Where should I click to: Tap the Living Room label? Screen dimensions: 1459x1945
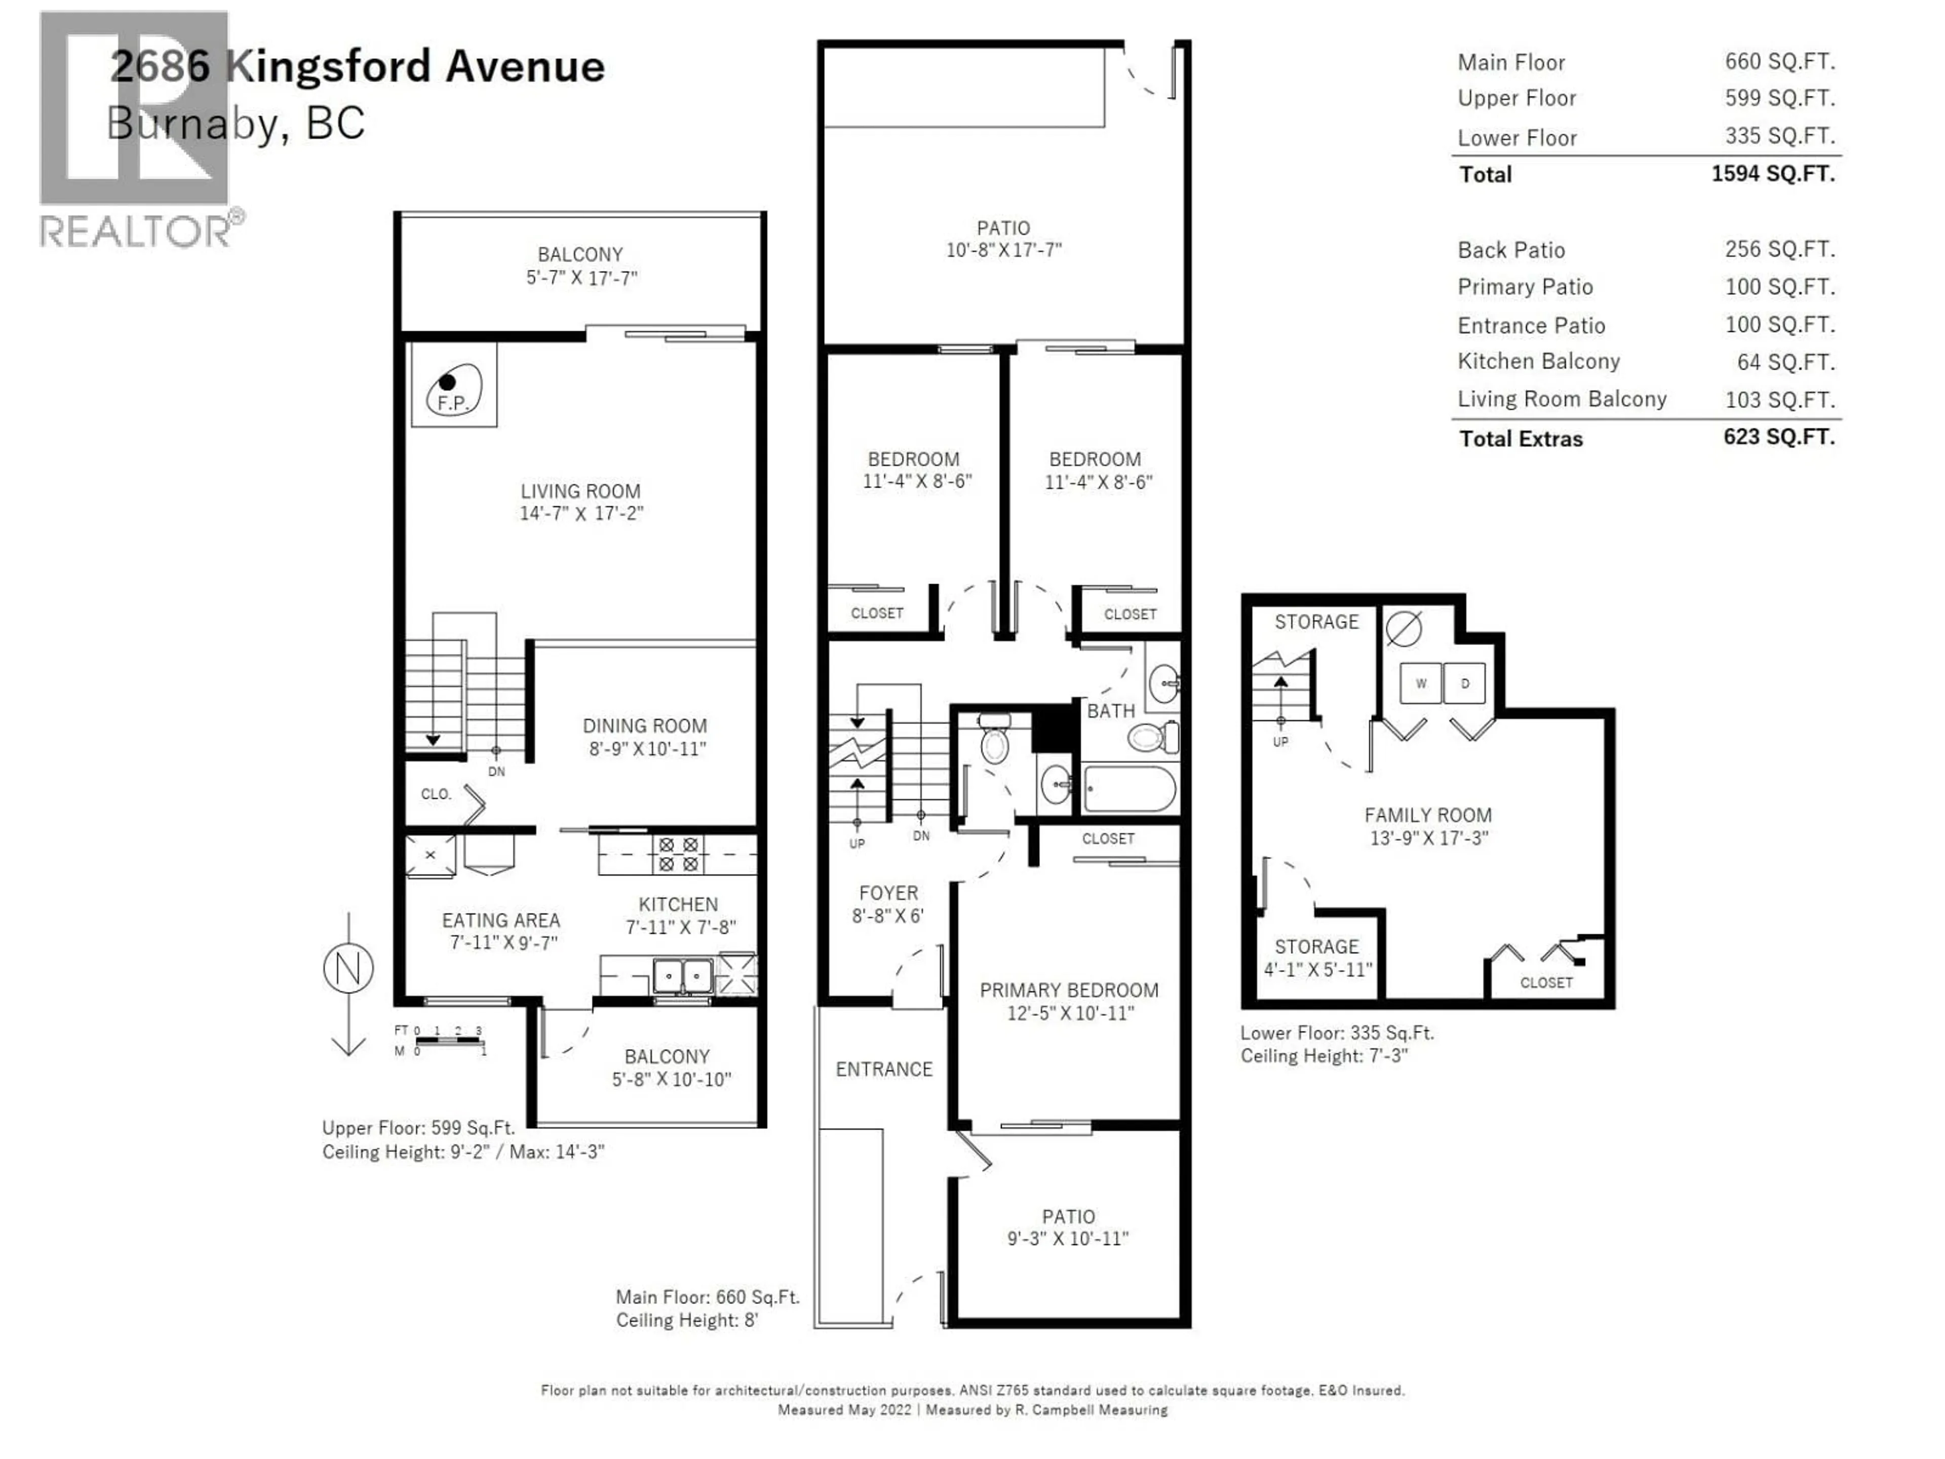(x=580, y=491)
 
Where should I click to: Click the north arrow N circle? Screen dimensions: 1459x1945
(x=348, y=968)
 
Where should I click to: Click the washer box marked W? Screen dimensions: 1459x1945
(x=1420, y=683)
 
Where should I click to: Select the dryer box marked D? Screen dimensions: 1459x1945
(x=1464, y=683)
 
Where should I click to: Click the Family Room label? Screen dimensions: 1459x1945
(x=1428, y=815)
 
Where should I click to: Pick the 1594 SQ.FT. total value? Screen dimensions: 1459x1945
(x=1773, y=173)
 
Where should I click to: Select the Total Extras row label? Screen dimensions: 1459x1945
(x=1521, y=439)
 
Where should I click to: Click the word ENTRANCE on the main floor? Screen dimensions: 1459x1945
(x=884, y=1069)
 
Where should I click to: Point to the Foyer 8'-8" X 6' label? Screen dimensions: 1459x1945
(x=888, y=904)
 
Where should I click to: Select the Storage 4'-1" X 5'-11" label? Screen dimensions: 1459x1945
(x=1317, y=957)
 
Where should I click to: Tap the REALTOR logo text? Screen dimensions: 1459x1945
(x=136, y=232)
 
